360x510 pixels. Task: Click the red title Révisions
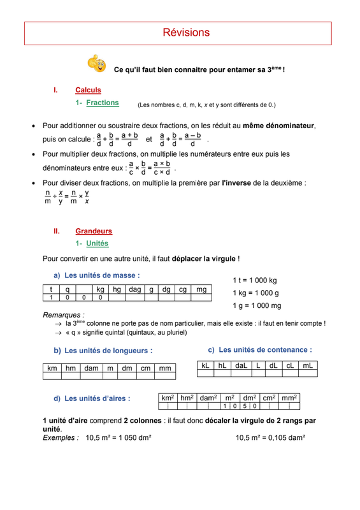pos(186,33)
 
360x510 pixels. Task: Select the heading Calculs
pos(88,91)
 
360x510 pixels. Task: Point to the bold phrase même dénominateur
pos(278,126)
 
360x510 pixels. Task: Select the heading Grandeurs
pos(94,231)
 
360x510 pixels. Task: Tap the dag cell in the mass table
pos(134,289)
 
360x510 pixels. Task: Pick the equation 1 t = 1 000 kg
pos(255,280)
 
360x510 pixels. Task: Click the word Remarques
pos(63,315)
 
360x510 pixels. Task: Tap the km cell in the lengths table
pos(52,368)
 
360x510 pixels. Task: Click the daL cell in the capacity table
pos(241,366)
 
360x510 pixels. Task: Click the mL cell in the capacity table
pos(307,366)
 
